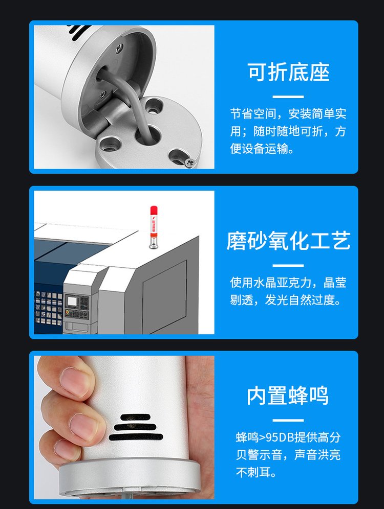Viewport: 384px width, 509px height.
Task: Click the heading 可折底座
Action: [x=288, y=72]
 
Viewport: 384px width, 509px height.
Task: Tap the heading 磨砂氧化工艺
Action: [x=288, y=241]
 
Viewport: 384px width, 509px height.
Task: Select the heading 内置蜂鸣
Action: [x=288, y=396]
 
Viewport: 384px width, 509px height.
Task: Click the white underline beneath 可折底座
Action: [x=288, y=97]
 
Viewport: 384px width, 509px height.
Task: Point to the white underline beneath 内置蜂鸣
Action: [x=288, y=420]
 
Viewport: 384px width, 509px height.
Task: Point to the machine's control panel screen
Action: [x=72, y=302]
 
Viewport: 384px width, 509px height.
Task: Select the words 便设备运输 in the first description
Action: [x=259, y=149]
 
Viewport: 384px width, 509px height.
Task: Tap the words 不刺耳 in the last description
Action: [x=253, y=472]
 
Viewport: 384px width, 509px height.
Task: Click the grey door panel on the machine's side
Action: [x=164, y=296]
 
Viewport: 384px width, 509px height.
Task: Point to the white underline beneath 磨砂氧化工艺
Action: [x=288, y=266]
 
